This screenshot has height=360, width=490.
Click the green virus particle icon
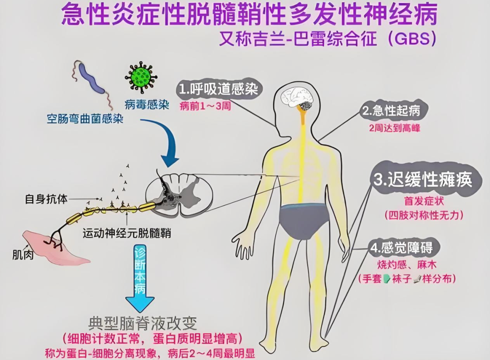point(141,76)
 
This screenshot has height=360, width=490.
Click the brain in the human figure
point(298,97)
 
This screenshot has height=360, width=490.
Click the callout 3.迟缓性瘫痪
point(422,180)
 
